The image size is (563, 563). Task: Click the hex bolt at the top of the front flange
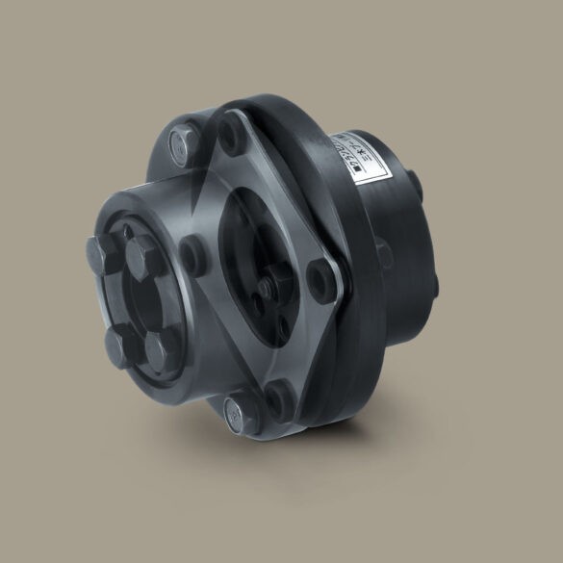180,145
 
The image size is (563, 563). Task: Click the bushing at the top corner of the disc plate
230,126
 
